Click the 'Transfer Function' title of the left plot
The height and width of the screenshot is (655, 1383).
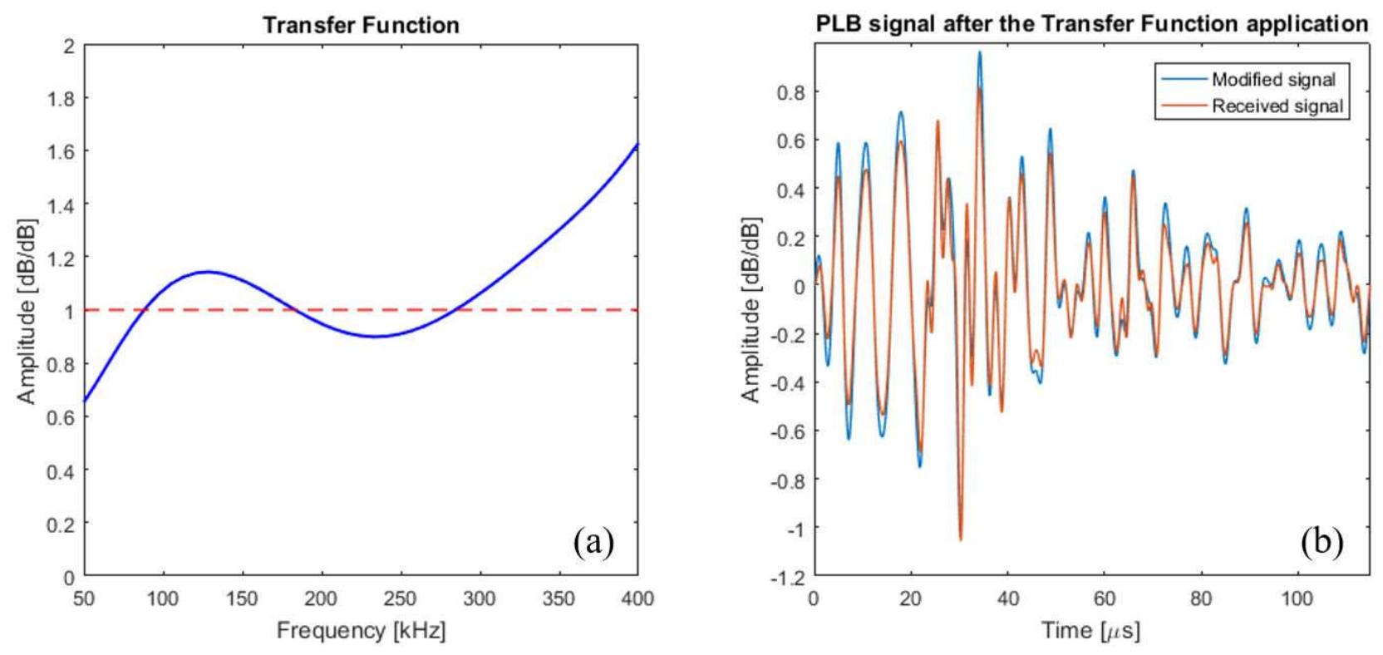361,25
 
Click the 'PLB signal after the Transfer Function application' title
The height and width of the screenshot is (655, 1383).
1091,23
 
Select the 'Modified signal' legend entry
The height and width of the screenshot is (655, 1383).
1272,80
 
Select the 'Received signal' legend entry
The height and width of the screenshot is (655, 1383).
1277,106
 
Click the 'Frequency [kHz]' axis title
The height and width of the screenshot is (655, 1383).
361,630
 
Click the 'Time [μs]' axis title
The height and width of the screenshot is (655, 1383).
1091,630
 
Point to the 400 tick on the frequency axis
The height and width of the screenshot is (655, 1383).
637,598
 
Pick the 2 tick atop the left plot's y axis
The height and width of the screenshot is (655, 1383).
69,46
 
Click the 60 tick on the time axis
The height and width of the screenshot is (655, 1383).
1104,598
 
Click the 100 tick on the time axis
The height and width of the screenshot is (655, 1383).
1297,598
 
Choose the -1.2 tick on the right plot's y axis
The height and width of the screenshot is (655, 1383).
786,576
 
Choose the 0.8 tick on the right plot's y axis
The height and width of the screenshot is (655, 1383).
790,92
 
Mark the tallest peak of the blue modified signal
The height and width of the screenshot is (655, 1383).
980,52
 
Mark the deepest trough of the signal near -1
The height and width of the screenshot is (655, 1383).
961,539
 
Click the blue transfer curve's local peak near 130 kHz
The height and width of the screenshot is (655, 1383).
207,272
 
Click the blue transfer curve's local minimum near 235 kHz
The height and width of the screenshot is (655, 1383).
376,337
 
